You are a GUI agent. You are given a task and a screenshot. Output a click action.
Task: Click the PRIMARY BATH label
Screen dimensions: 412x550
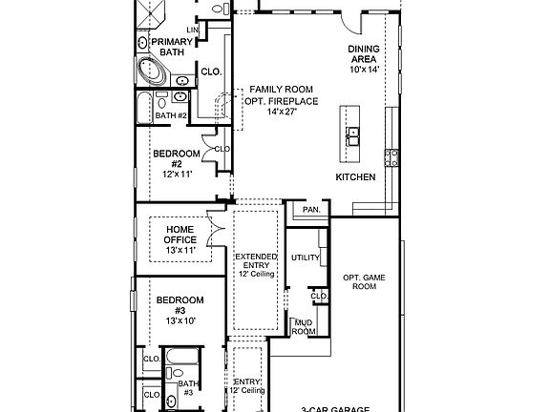pyautogui.click(x=173, y=48)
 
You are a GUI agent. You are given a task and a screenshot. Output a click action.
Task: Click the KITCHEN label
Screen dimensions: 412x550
pyautogui.click(x=355, y=177)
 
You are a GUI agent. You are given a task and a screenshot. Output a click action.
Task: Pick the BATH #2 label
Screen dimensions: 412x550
pyautogui.click(x=171, y=115)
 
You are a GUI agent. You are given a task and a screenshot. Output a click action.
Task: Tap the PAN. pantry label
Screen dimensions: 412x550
pyautogui.click(x=310, y=210)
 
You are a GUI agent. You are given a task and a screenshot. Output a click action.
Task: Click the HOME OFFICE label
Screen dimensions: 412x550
pyautogui.click(x=180, y=235)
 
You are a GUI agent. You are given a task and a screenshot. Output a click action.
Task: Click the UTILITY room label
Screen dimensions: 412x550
pyautogui.click(x=305, y=257)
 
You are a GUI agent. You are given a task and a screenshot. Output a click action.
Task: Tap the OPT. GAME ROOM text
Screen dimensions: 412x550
pyautogui.click(x=365, y=280)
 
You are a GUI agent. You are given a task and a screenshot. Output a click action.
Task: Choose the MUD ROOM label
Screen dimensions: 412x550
pyautogui.click(x=304, y=327)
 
